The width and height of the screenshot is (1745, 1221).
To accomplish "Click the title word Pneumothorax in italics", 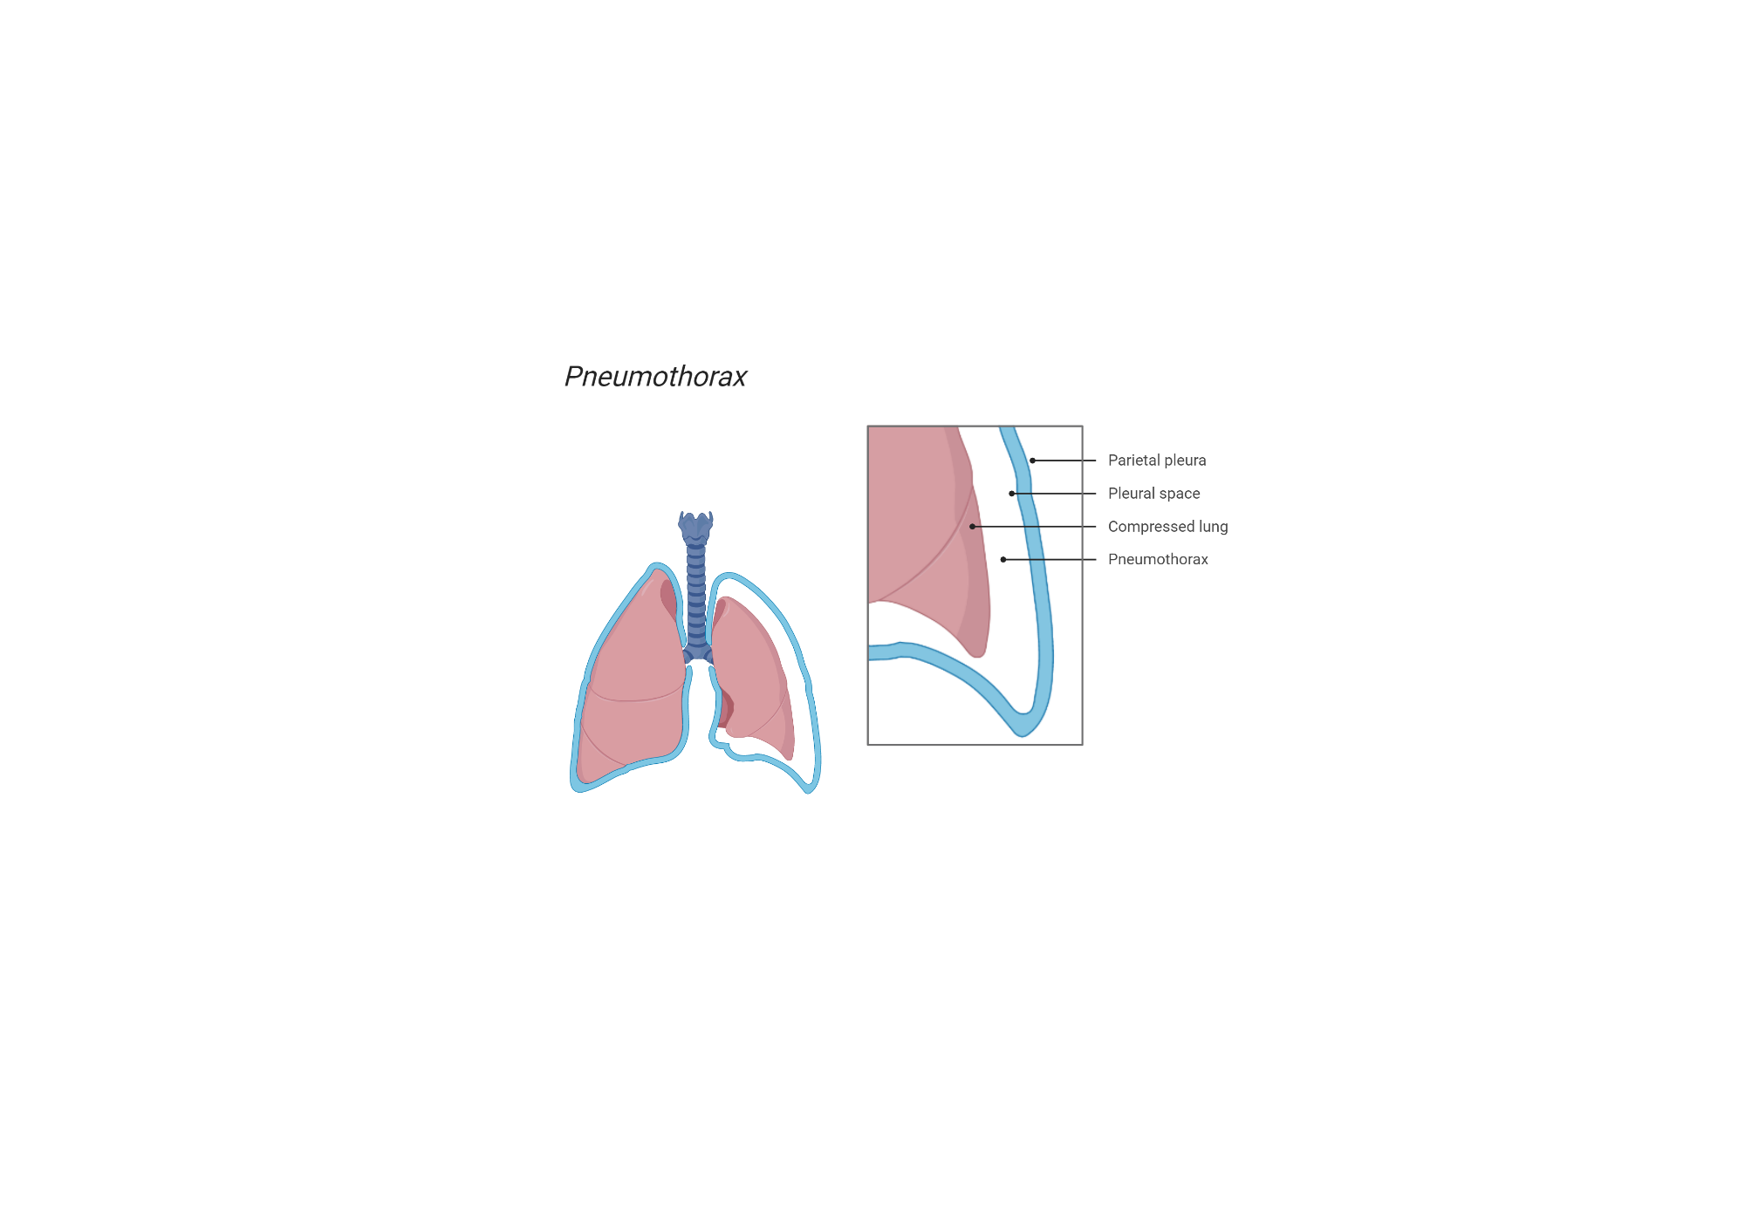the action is click(x=655, y=377).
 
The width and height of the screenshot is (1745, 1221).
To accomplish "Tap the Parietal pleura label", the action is click(x=1157, y=460).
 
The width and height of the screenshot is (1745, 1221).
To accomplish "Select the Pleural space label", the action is click(x=1153, y=494).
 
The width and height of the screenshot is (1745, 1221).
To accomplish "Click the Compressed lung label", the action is click(x=1167, y=527).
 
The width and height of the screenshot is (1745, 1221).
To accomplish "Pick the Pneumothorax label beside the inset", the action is click(x=1158, y=560).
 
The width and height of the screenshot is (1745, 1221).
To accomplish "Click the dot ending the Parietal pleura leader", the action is click(x=1032, y=460).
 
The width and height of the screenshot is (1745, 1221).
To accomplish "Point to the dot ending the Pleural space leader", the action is click(x=1012, y=494).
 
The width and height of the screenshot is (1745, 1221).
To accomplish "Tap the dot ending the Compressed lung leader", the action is click(x=972, y=527).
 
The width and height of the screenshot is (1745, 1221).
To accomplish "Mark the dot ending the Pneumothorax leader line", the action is click(x=1003, y=560).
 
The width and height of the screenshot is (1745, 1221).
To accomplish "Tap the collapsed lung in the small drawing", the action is click(x=752, y=672).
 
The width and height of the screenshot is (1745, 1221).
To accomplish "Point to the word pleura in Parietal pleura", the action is click(x=1184, y=460).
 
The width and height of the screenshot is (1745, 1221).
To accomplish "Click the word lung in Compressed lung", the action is click(x=1213, y=527).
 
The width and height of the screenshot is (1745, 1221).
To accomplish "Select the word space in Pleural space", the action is click(x=1179, y=494).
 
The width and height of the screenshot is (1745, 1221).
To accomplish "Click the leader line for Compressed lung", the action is click(x=1038, y=527).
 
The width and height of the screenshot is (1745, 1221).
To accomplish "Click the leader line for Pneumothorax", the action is click(x=1051, y=560).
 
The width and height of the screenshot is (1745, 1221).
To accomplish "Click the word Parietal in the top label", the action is click(x=1133, y=460).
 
